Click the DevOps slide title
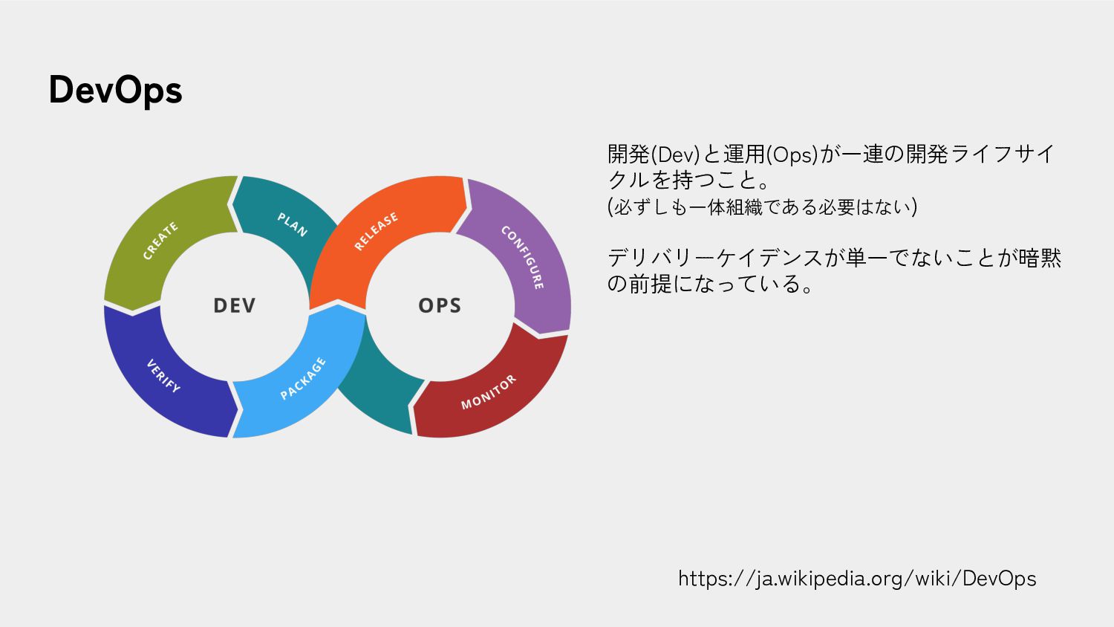(115, 91)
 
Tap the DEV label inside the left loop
(234, 305)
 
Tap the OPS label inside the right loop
(440, 305)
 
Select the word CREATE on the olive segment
(160, 241)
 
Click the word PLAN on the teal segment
(293, 224)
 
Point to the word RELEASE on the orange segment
(376, 231)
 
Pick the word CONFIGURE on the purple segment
(523, 257)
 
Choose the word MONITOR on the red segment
(488, 392)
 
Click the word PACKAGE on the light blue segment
(303, 378)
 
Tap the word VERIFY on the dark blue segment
(163, 376)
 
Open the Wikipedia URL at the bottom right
(857, 579)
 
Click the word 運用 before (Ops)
(744, 155)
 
